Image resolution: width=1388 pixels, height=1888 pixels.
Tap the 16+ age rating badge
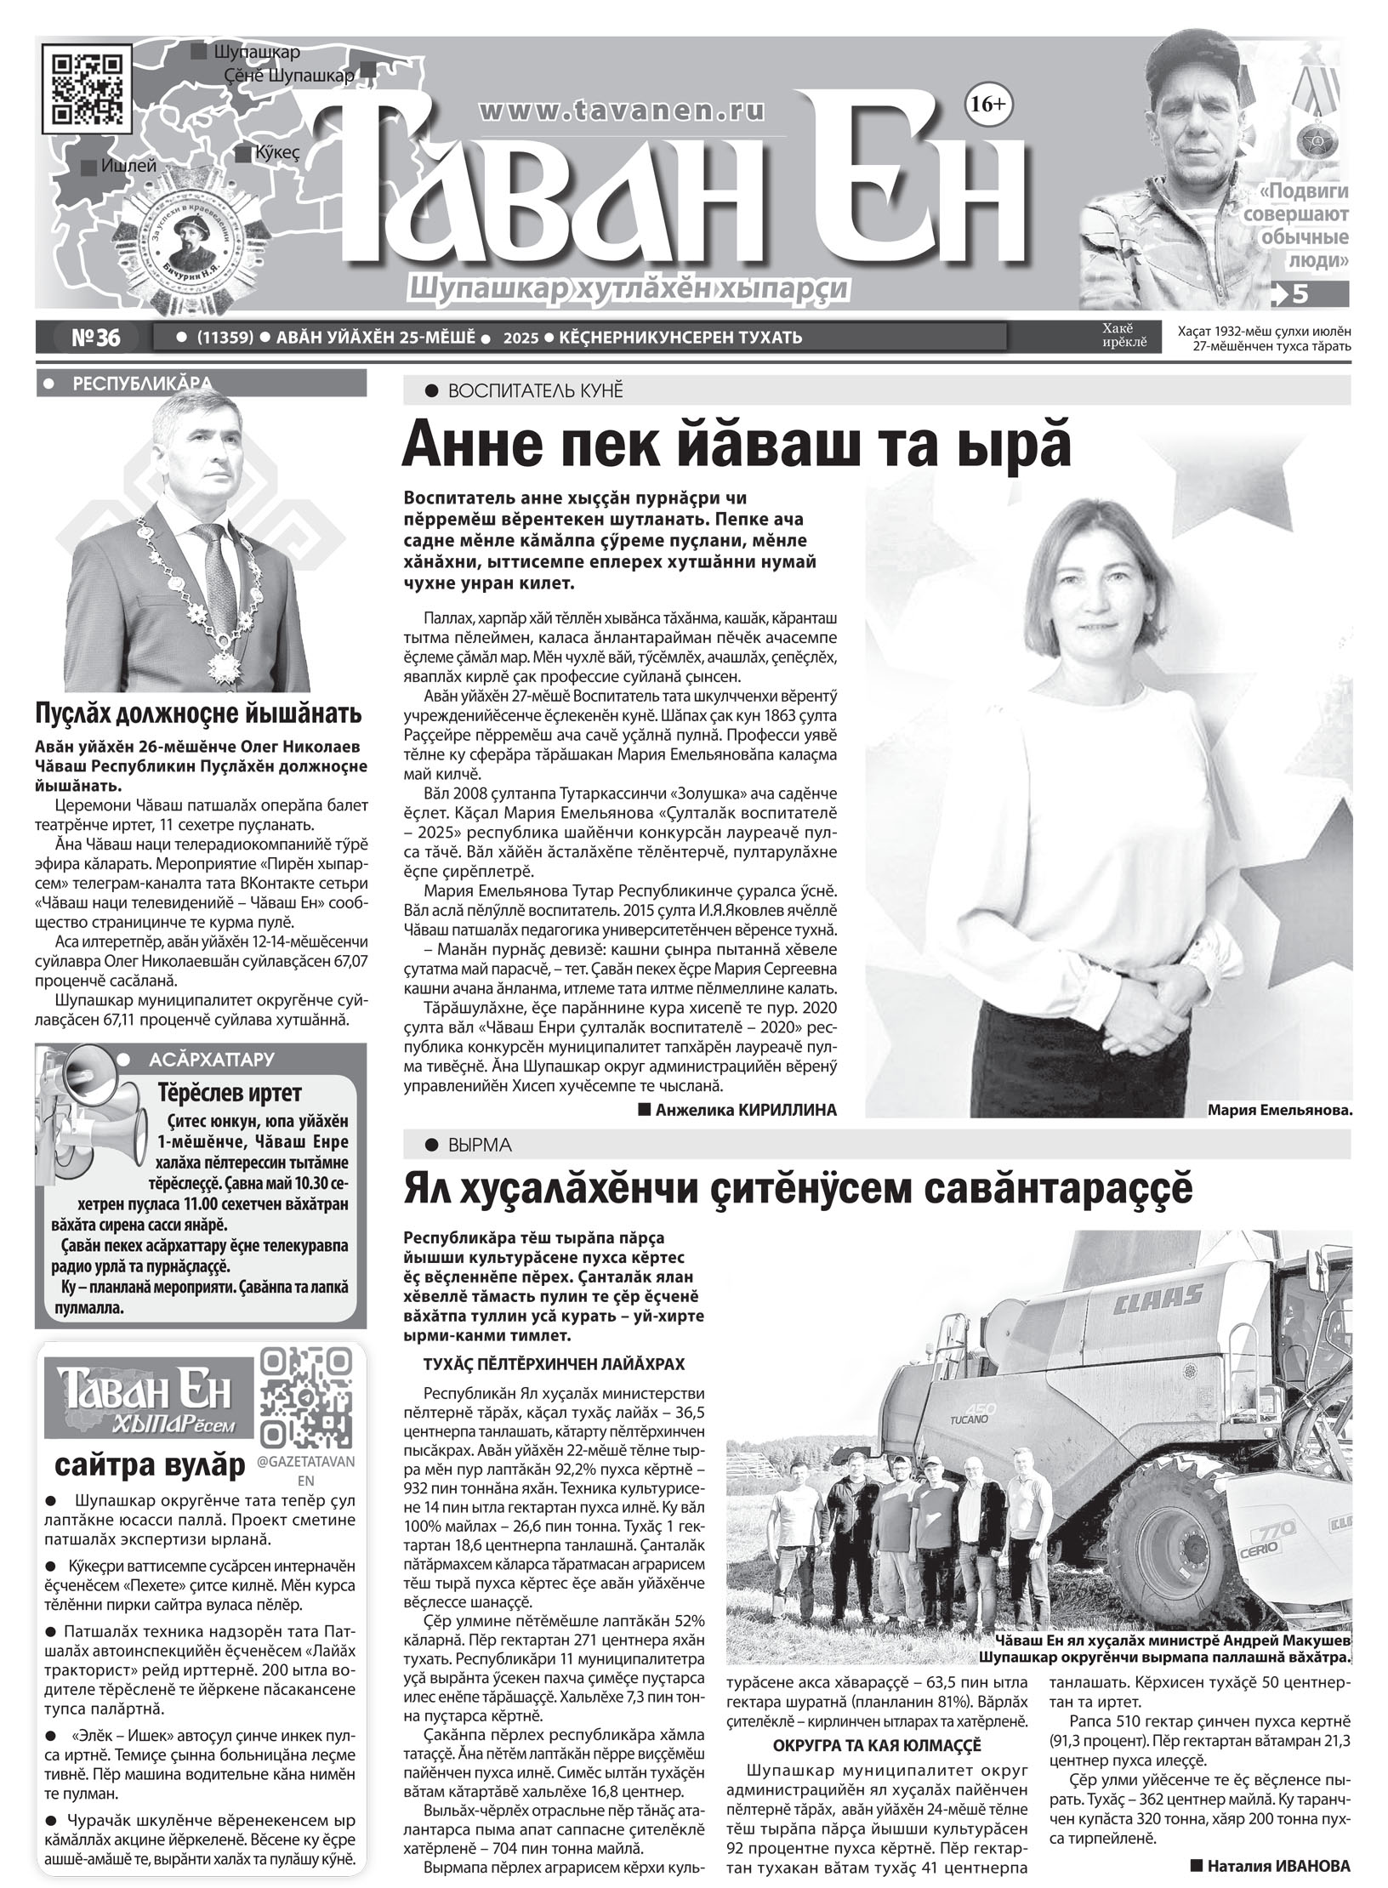pyautogui.click(x=986, y=105)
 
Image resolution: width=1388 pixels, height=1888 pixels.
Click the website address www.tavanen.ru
pyautogui.click(x=623, y=110)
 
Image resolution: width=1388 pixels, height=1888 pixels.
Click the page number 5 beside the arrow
pyautogui.click(x=1299, y=293)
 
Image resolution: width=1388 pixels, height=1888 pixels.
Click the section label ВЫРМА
pyautogui.click(x=481, y=1146)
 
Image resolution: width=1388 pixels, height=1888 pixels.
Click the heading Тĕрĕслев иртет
pyautogui.click(x=230, y=1093)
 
